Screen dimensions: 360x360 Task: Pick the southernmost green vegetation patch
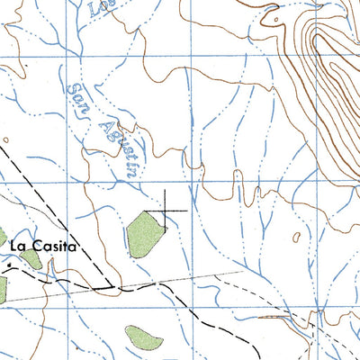click(x=144, y=338)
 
